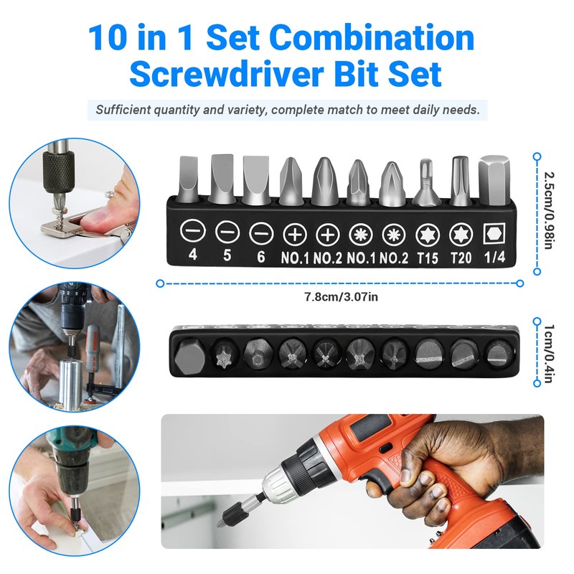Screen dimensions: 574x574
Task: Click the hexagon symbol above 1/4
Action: (x=493, y=234)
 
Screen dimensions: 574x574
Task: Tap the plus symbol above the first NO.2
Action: (x=327, y=234)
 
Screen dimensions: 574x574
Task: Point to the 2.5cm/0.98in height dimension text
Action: (x=548, y=212)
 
